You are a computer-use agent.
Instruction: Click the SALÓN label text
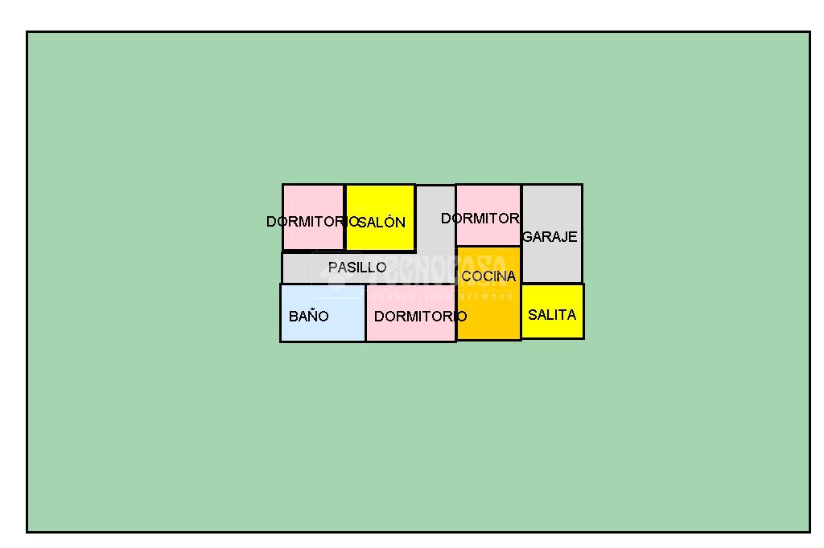pyautogui.click(x=382, y=223)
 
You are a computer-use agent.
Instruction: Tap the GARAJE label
pyautogui.click(x=550, y=237)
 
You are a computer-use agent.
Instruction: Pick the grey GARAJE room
pyautogui.click(x=552, y=261)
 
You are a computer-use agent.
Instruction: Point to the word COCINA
pyautogui.click(x=488, y=276)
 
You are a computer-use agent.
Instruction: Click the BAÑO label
pyautogui.click(x=308, y=317)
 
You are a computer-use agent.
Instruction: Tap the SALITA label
pyautogui.click(x=552, y=315)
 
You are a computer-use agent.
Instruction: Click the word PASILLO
pyautogui.click(x=357, y=267)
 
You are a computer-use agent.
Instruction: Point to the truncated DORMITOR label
pyautogui.click(x=480, y=219)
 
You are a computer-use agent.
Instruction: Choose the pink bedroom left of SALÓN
pyautogui.click(x=313, y=201)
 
